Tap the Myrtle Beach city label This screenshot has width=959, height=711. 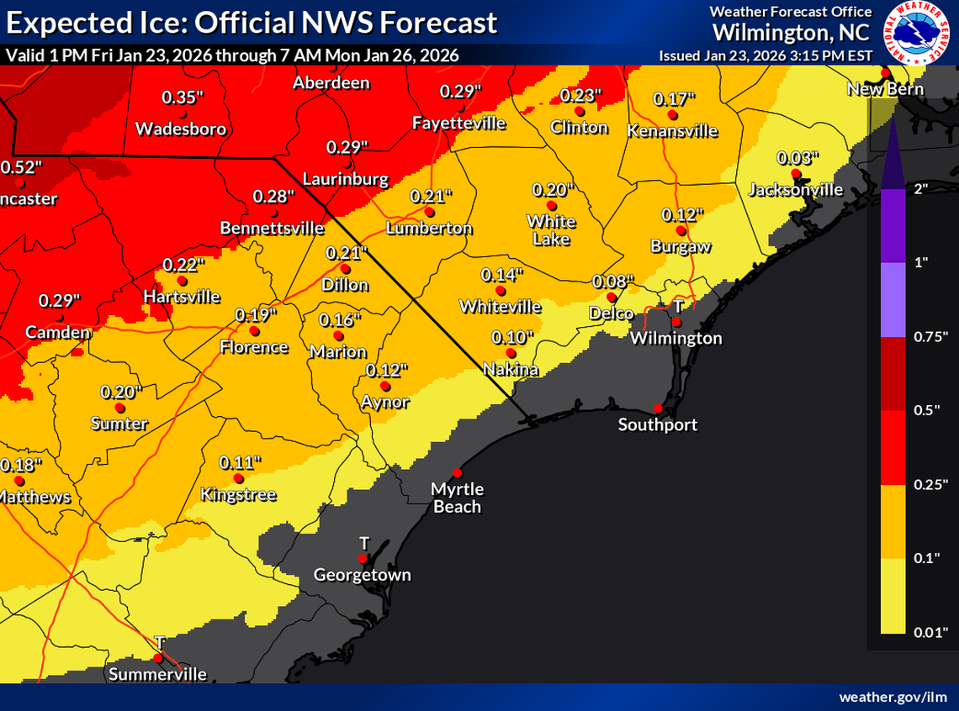pyautogui.click(x=457, y=498)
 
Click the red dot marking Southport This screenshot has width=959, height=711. pyautogui.click(x=658, y=408)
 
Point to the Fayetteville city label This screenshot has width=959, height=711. pyautogui.click(x=459, y=124)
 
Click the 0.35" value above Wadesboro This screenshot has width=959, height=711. pyautogui.click(x=183, y=97)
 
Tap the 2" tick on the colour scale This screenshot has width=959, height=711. pyautogui.click(x=920, y=188)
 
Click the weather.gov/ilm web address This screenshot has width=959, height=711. pyautogui.click(x=894, y=698)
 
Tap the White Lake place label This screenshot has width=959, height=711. pyautogui.click(x=551, y=230)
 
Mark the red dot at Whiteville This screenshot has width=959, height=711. pyautogui.click(x=500, y=291)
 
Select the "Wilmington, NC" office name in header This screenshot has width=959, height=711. pyautogui.click(x=792, y=32)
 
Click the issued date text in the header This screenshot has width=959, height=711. pyautogui.click(x=767, y=55)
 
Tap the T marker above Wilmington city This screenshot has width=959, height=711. pyautogui.click(x=677, y=306)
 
